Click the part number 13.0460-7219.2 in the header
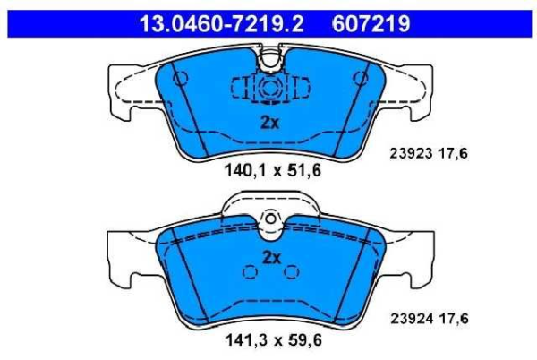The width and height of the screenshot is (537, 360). (x=221, y=24)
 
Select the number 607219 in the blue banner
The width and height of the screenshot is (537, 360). (x=371, y=24)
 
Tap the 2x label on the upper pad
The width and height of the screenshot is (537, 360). (x=270, y=123)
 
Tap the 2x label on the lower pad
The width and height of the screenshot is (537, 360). (x=271, y=258)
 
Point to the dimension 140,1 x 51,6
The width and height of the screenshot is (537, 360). (x=273, y=170)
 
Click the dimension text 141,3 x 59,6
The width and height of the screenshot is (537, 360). (x=274, y=340)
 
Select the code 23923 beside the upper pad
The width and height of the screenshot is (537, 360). (x=411, y=153)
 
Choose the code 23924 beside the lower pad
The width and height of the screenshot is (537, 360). (x=412, y=319)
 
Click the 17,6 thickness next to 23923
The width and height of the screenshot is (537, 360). (x=453, y=153)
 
